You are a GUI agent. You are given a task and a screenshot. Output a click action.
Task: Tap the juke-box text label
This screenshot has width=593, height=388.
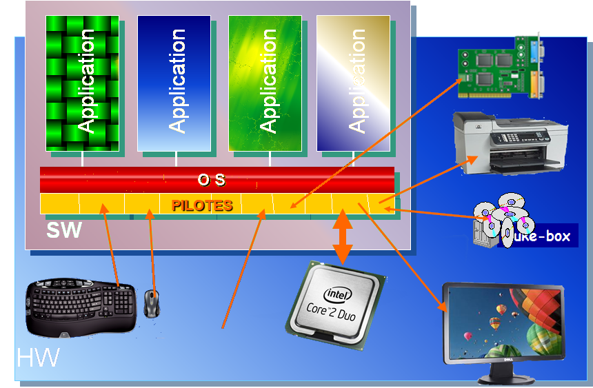[x=537, y=236]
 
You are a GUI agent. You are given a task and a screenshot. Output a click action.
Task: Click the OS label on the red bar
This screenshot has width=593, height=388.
[x=212, y=180]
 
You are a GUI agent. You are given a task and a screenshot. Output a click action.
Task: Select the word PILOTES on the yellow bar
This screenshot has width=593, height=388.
[x=202, y=205]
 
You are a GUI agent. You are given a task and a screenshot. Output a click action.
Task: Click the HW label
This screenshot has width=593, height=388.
[x=37, y=358]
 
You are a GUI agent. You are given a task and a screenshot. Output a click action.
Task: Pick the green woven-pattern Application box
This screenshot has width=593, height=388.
[x=82, y=83]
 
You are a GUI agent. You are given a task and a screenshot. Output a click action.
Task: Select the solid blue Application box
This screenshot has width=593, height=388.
[x=174, y=83]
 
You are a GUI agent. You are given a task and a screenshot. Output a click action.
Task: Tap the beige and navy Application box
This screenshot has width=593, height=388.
[x=352, y=83]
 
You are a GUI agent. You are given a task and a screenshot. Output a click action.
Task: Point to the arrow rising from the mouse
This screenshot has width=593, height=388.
[x=152, y=252]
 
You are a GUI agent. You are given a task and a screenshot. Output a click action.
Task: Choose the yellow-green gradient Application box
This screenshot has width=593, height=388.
[x=265, y=83]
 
